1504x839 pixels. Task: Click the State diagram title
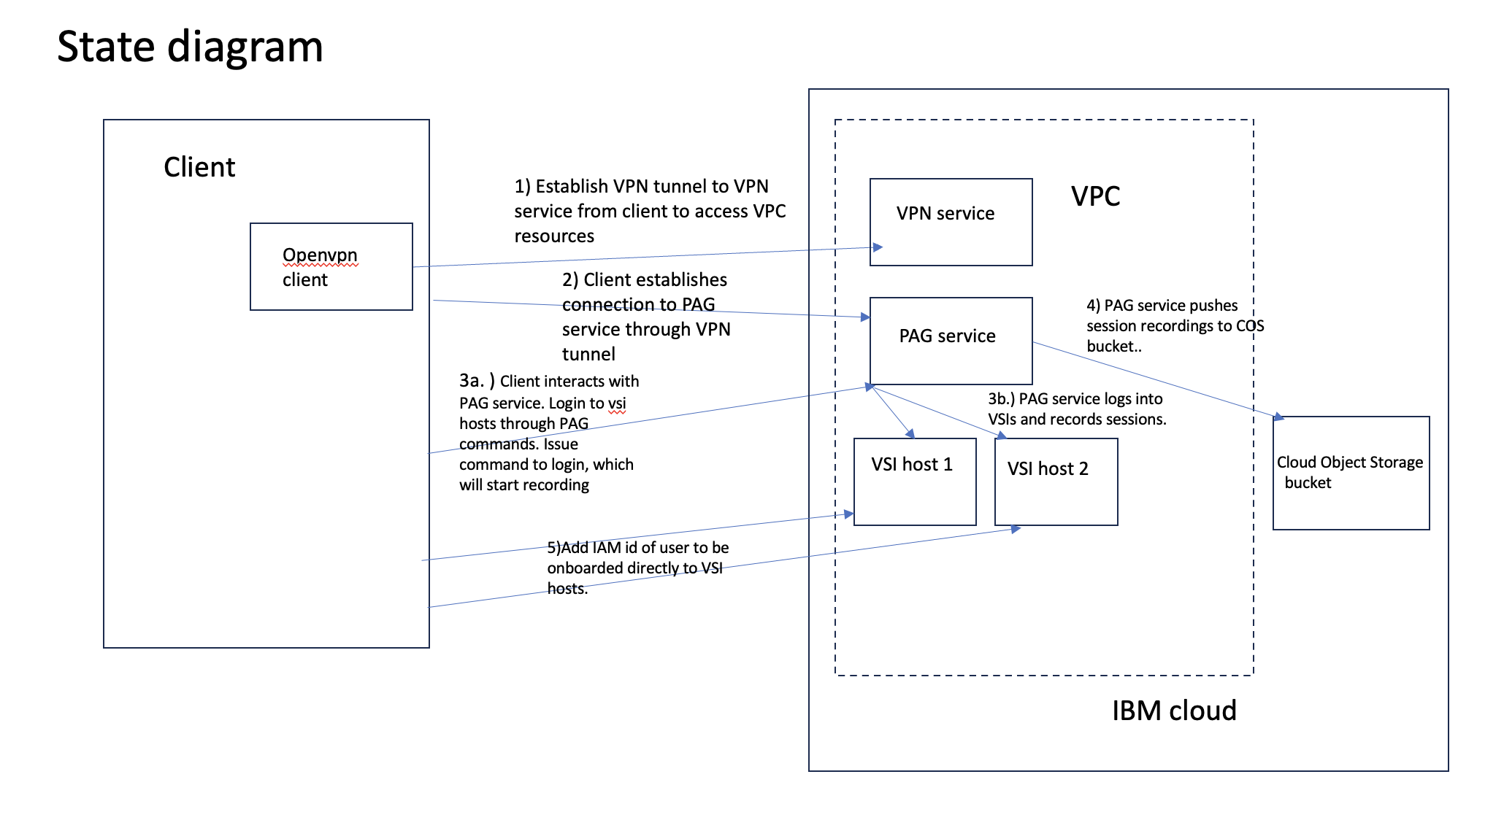[x=190, y=47]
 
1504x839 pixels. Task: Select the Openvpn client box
[x=331, y=267]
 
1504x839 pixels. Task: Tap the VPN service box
[x=951, y=222]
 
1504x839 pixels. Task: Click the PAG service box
[x=951, y=340]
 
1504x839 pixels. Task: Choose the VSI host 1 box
[x=914, y=482]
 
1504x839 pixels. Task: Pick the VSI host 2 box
[x=1056, y=482]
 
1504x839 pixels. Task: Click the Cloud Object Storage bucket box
[x=1351, y=473]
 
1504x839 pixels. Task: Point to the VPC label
[x=1095, y=196]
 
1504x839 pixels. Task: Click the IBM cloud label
[x=1173, y=711]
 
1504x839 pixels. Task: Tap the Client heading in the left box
[x=199, y=167]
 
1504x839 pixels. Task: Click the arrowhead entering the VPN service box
[x=878, y=247]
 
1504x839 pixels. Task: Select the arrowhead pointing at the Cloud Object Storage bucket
[x=1278, y=417]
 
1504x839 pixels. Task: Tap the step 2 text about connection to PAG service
[x=645, y=317]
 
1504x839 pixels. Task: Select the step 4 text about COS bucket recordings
[x=1174, y=325]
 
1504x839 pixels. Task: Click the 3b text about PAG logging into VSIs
[x=1076, y=409]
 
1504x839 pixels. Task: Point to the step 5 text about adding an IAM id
[x=637, y=568]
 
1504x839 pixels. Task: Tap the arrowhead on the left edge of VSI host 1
[x=849, y=514]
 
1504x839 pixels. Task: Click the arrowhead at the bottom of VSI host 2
[x=1016, y=529]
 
